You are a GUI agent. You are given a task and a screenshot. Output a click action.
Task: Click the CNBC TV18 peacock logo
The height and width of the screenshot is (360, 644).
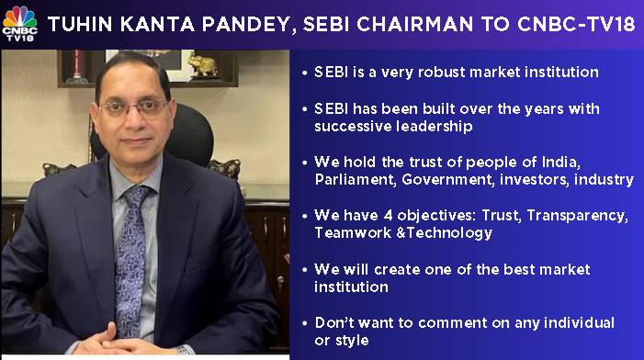tap(19, 23)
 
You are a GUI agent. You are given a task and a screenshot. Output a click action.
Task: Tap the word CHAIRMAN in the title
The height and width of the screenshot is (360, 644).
tap(414, 24)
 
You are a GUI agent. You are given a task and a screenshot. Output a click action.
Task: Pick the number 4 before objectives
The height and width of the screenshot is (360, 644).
tap(388, 216)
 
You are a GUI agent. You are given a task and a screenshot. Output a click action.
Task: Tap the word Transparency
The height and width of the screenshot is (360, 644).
tap(577, 217)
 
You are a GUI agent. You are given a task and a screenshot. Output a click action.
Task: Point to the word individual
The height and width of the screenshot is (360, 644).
tap(579, 322)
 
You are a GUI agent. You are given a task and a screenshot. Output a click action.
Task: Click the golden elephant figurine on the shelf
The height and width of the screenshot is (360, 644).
tap(202, 65)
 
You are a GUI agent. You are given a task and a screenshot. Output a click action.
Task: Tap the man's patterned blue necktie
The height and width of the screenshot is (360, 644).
tap(131, 260)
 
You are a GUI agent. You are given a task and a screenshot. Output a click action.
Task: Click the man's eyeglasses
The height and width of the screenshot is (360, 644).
tap(134, 108)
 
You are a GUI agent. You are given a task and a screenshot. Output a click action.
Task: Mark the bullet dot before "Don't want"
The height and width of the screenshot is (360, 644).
tap(304, 323)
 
